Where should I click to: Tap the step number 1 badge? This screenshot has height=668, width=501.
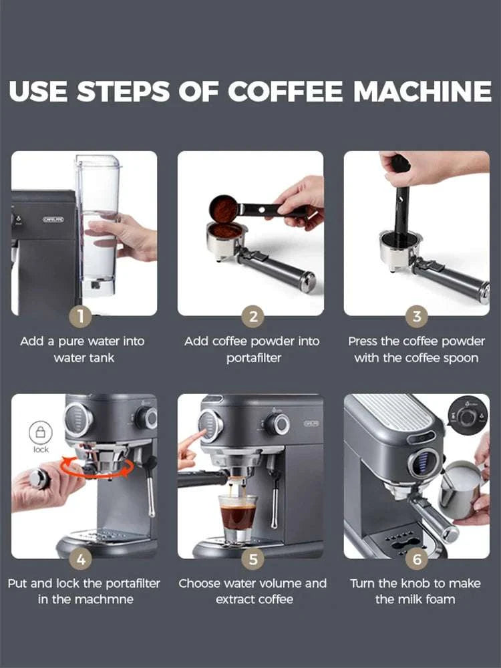[81, 316]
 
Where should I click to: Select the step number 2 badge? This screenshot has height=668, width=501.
[252, 316]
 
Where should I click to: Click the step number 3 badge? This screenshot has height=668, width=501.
[417, 316]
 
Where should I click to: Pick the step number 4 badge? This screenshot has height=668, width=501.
[81, 558]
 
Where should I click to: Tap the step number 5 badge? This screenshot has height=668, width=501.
[252, 558]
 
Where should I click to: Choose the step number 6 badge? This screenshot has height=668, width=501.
[417, 558]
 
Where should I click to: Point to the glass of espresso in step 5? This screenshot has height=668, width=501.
[238, 516]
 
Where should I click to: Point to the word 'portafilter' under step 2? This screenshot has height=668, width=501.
[254, 357]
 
